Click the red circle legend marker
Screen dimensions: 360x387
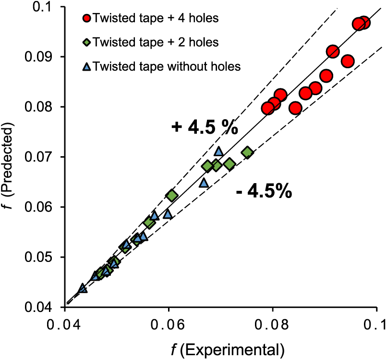pos(86,19)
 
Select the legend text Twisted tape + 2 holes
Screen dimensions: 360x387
pos(156,42)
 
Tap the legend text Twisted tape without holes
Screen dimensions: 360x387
pos(166,66)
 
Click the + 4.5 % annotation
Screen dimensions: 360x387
pos(205,127)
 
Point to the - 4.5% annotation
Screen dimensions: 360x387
pos(264,191)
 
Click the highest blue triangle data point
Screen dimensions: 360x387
pos(219,151)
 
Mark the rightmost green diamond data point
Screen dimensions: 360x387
pos(247,153)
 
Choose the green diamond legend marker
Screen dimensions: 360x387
pos(86,43)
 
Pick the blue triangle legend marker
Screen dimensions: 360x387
pos(86,66)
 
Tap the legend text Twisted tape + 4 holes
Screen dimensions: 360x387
pos(156,19)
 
